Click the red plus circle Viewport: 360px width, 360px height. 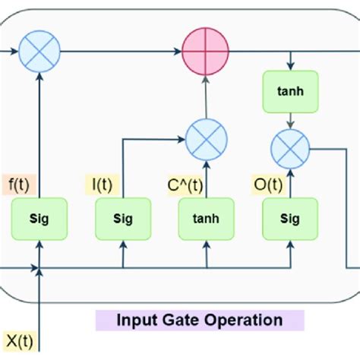(x=206, y=53)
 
